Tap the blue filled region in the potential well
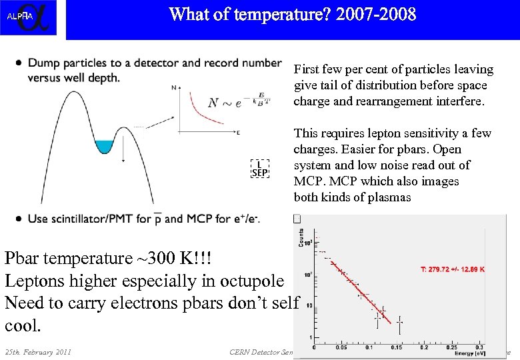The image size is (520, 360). [x=104, y=146]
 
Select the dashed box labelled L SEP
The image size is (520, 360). [x=260, y=168]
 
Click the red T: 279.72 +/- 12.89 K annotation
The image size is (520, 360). [x=453, y=269]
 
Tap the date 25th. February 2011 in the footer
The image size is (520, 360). [x=39, y=352]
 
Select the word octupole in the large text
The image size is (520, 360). [x=247, y=281]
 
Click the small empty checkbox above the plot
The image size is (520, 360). [x=297, y=219]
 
